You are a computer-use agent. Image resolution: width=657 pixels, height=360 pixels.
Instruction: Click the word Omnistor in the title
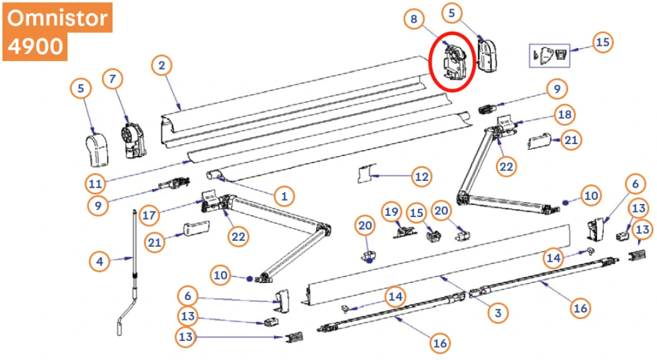click(x=57, y=18)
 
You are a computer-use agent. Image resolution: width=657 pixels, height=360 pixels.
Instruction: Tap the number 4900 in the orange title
click(x=36, y=45)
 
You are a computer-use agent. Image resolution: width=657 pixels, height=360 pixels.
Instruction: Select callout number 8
click(x=414, y=19)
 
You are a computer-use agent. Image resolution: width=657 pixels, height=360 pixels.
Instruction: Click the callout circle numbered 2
click(x=162, y=65)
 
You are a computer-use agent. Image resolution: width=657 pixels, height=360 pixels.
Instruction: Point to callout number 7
click(x=112, y=79)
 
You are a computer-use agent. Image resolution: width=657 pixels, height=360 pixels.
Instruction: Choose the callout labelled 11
click(x=95, y=184)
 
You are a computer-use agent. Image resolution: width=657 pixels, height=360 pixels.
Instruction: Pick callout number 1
click(x=284, y=195)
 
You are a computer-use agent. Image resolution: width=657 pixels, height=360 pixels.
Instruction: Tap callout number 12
click(x=422, y=176)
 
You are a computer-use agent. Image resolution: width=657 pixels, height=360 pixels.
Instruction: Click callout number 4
click(x=100, y=261)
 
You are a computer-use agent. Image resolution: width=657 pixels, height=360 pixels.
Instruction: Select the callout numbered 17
click(x=149, y=215)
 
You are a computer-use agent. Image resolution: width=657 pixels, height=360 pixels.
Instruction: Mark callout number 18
click(x=565, y=115)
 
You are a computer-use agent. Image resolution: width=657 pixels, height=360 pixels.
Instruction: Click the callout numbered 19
click(x=392, y=212)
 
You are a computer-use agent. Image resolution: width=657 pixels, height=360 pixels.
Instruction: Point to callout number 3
click(x=499, y=313)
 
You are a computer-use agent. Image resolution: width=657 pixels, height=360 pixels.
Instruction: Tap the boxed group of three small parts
click(x=549, y=55)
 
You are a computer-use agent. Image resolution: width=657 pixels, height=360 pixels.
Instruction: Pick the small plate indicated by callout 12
click(x=366, y=174)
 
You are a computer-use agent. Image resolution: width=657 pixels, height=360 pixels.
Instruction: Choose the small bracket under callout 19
click(x=404, y=232)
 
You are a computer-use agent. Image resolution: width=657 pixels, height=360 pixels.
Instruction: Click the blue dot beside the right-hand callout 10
click(x=565, y=203)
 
